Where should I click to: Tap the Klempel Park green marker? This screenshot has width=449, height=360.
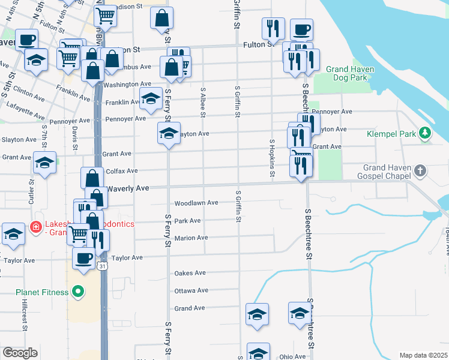pyautogui.click(x=425, y=133)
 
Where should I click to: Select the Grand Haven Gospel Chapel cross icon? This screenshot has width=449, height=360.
pyautogui.click(x=420, y=171)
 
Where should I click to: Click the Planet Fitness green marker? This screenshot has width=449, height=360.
pyautogui.click(x=77, y=292)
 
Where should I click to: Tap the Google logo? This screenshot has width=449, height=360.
pyautogui.click(x=20, y=353)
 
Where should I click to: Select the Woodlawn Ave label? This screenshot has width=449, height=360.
pyautogui.click(x=196, y=203)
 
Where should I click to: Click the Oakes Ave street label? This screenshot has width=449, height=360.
pyautogui.click(x=190, y=273)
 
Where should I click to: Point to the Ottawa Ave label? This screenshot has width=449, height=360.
pyautogui.click(x=191, y=290)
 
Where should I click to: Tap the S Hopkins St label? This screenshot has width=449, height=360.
pyautogui.click(x=272, y=158)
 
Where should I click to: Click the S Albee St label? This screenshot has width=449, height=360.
pyautogui.click(x=203, y=103)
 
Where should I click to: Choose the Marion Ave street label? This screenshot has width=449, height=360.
pyautogui.click(x=191, y=238)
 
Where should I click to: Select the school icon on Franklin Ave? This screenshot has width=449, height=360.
pyautogui.click(x=151, y=97)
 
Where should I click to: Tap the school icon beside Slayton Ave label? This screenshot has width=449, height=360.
pyautogui.click(x=169, y=133)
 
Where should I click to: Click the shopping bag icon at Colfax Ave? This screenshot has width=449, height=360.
pyautogui.click(x=92, y=178)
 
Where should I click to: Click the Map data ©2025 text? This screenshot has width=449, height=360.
pyautogui.click(x=424, y=355)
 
